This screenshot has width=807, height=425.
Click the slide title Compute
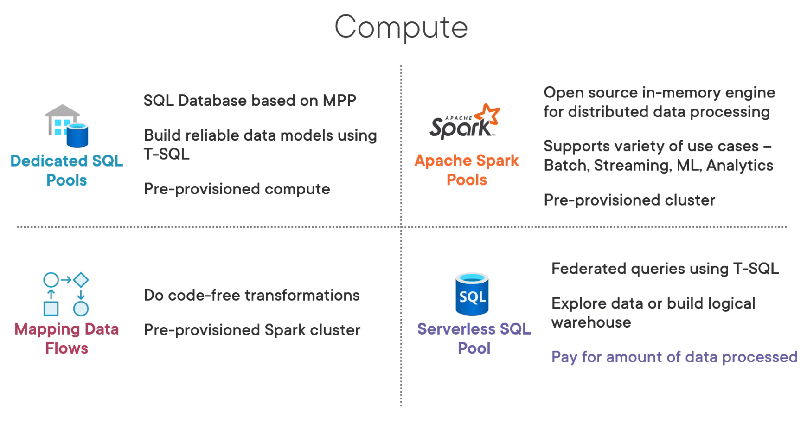(401, 27)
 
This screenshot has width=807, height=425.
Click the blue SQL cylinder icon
(472, 294)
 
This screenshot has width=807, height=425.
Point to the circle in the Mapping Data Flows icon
(51, 280)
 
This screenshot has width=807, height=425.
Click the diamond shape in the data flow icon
(81, 280)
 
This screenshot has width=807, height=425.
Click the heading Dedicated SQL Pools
(67, 170)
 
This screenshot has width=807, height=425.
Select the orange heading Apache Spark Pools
(467, 170)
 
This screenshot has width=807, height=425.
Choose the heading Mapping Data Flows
(67, 338)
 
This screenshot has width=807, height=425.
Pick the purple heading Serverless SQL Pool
(474, 338)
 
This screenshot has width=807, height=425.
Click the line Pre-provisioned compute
(237, 189)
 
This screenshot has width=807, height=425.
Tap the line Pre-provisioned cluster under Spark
(629, 200)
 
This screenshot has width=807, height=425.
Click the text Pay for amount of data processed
(674, 357)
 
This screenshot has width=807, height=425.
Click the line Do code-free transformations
(251, 295)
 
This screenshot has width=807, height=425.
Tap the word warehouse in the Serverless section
(591, 322)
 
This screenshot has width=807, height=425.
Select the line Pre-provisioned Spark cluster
(251, 330)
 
